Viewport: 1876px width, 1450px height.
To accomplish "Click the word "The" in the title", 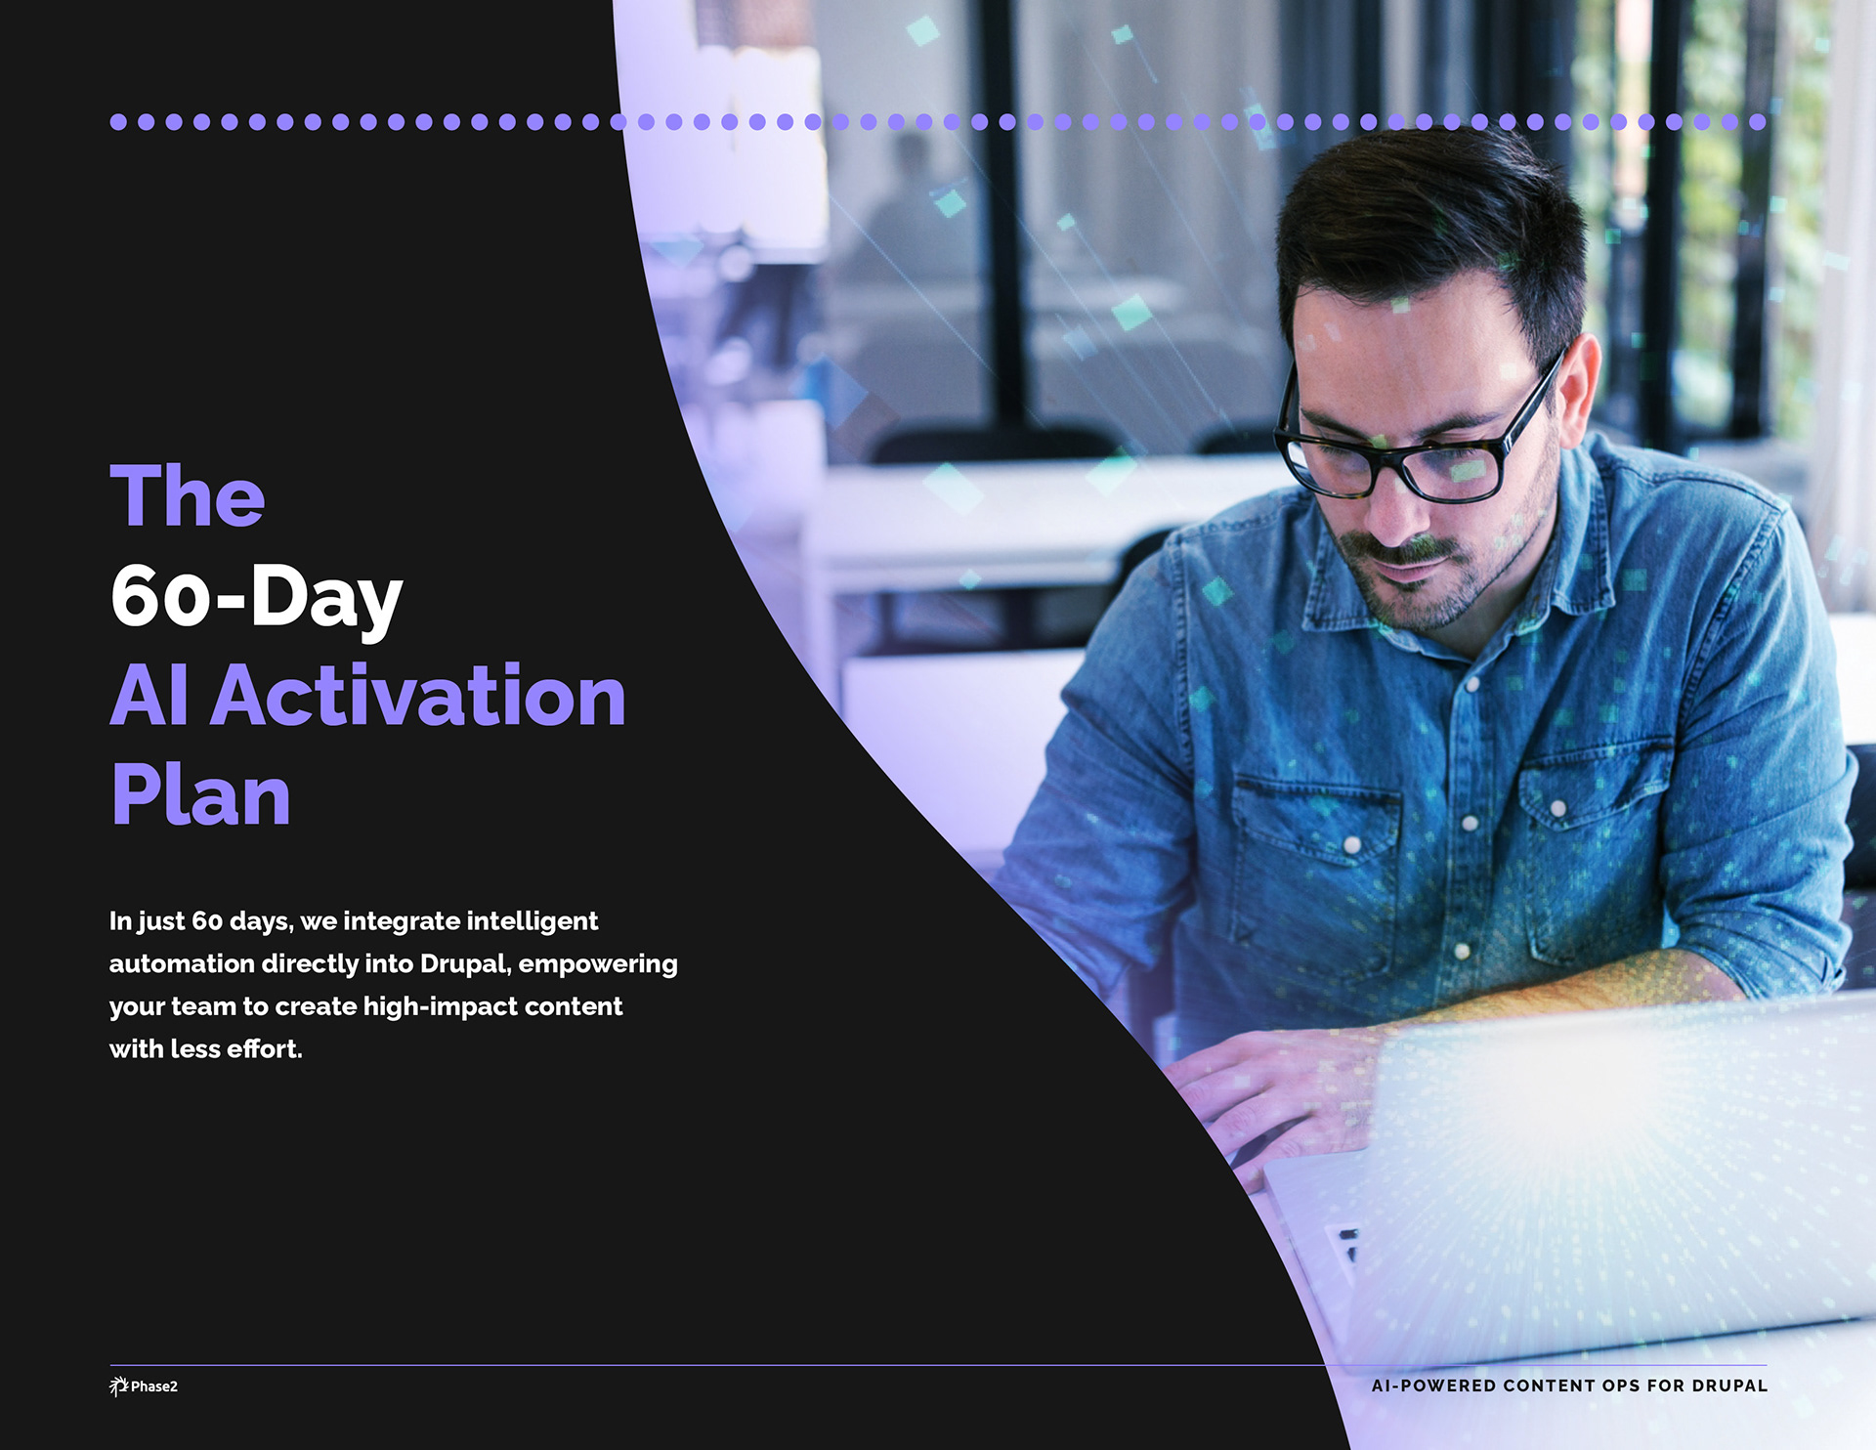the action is tap(187, 495).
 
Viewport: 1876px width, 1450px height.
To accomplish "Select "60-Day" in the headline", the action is tap(256, 597).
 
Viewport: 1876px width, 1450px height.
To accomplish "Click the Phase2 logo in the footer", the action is tap(144, 1386).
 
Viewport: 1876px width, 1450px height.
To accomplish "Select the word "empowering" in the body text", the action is tap(598, 964).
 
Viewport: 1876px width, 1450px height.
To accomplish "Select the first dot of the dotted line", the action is tap(118, 122).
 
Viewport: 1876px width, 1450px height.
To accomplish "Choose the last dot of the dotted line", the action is tap(1758, 122).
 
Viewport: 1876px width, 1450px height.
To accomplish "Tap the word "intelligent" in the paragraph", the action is tap(533, 921).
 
